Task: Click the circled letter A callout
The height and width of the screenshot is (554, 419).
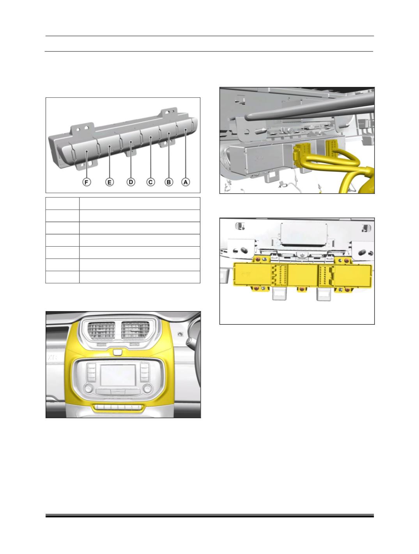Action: (186, 182)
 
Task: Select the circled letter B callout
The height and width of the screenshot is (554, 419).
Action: (169, 182)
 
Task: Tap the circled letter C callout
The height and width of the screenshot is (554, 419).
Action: (151, 182)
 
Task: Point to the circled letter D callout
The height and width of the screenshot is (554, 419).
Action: (131, 182)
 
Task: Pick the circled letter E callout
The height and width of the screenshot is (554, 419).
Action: (109, 182)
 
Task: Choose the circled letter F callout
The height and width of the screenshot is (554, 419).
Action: (87, 182)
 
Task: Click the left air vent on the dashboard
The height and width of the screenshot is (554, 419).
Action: (101, 331)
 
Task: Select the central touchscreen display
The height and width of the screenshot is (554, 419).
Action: (118, 375)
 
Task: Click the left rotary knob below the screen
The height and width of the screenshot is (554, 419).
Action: (89, 388)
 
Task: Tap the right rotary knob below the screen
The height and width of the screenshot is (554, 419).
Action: (147, 388)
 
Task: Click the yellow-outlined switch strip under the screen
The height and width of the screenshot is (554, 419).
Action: (118, 407)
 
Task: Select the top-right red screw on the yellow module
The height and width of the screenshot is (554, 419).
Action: (348, 260)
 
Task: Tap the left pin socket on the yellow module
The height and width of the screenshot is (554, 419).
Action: (279, 275)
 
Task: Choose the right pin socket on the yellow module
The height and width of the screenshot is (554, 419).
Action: (326, 275)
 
